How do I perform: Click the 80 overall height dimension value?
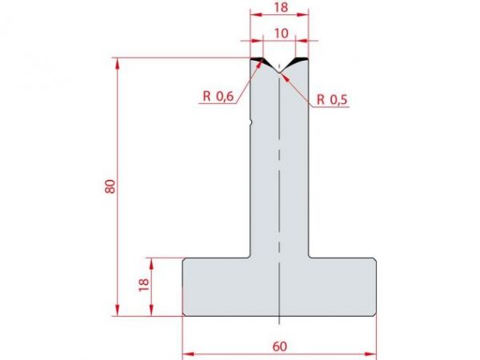(x=110, y=186)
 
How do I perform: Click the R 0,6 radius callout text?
(x=218, y=97)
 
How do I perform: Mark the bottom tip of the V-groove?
(x=278, y=74)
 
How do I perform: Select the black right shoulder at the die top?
(x=299, y=61)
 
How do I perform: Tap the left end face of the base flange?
(x=184, y=286)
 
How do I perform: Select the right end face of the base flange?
(x=375, y=286)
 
